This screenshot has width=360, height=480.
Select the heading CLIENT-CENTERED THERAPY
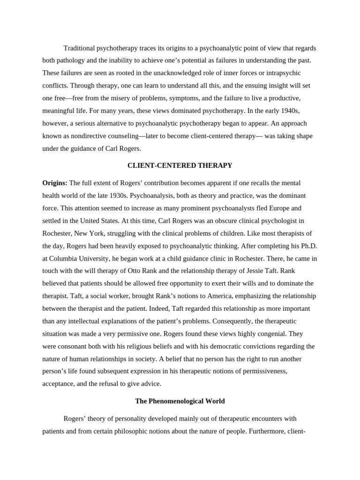[x=180, y=165]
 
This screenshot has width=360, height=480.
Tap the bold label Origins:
[x=55, y=182]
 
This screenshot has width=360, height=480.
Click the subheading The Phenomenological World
[x=180, y=401]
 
